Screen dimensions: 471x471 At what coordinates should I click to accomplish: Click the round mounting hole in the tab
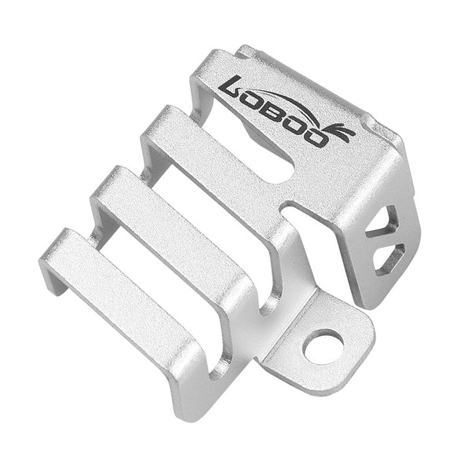(x=323, y=346)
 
